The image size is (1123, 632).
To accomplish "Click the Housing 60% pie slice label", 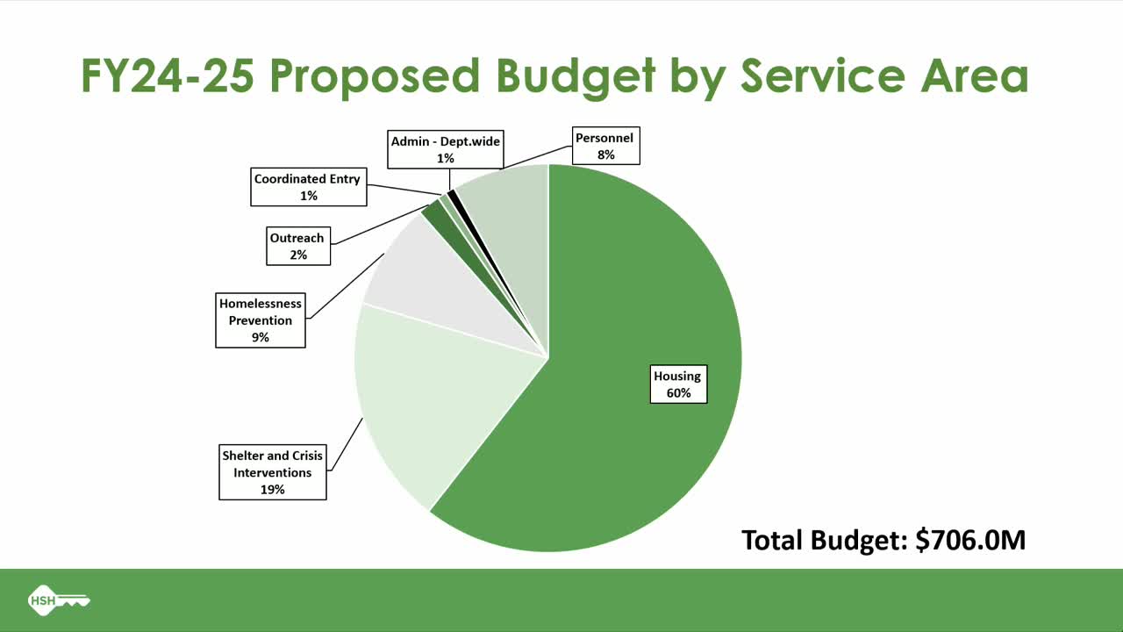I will coord(678,384).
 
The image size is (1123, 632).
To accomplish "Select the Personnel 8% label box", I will coord(604,146).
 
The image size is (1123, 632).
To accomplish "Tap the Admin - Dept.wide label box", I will coord(446,149).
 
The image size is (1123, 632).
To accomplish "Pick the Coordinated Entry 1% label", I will coord(308,187).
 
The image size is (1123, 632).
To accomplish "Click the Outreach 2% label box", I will coord(297,246).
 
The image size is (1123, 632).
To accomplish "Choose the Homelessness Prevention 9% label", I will coord(261,320).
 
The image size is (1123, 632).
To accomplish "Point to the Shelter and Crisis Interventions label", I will coord(272,472).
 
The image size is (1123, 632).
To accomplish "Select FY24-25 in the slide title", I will coord(168,76).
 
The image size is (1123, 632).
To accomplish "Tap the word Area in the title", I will coord(974,76).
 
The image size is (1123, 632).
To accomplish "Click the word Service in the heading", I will coord(820,76).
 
